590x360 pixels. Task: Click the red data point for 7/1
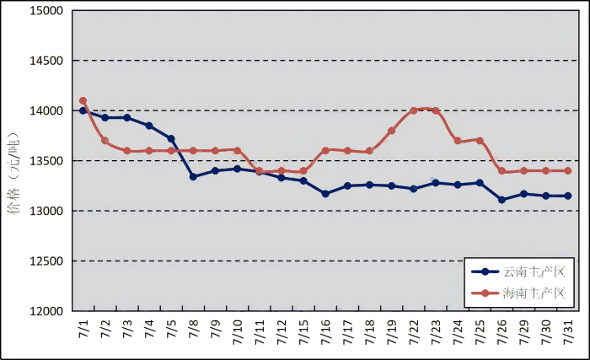[83, 101]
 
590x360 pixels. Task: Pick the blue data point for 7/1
[83, 110]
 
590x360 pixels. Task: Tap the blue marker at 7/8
[193, 177]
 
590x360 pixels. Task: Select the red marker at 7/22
[413, 110]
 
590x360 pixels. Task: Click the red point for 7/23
[436, 110]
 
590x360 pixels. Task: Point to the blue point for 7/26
[501, 200]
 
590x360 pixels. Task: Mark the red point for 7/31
[567, 170]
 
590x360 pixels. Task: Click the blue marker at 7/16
[325, 194]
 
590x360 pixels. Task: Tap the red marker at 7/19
[391, 131]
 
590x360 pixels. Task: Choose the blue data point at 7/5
[171, 138]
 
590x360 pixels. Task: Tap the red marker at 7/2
[105, 141]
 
